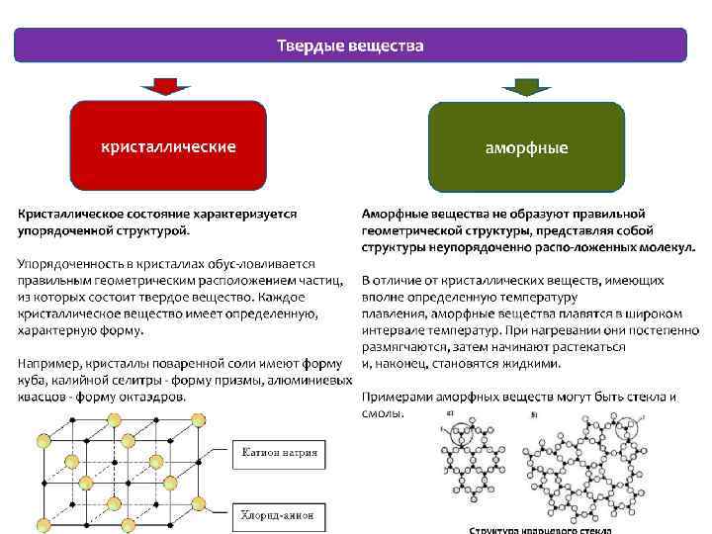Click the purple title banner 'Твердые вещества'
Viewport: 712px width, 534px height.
(x=349, y=45)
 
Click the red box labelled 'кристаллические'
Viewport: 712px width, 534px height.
(x=168, y=146)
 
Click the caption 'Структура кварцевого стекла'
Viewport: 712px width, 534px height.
(x=540, y=529)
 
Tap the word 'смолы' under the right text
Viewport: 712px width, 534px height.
(x=382, y=413)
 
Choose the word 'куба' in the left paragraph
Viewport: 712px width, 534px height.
(x=33, y=381)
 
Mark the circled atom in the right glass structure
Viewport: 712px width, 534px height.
(x=625, y=430)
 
